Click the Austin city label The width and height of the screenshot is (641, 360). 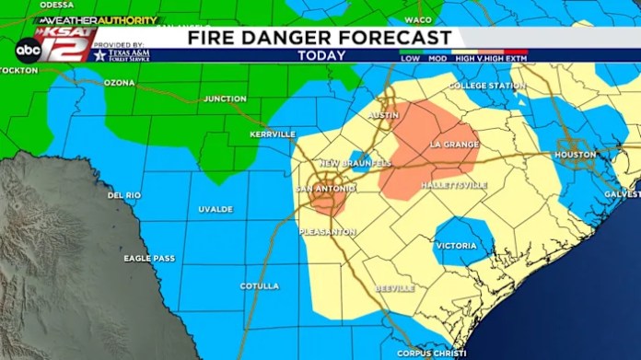pos(383,115)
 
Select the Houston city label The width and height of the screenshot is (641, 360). pos(576,155)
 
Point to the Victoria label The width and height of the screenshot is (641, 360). pos(457,246)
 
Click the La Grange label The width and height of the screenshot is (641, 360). pos(455,145)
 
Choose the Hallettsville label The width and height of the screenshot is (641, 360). pos(453,185)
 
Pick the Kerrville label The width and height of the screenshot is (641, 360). pos(273,134)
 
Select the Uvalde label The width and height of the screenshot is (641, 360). pos(216,209)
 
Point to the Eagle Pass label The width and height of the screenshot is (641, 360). pos(148,259)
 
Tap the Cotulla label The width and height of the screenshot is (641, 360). pos(259,286)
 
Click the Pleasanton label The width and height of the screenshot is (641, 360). pos(327,232)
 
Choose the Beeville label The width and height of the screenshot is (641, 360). pos(395,288)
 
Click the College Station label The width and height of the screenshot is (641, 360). pos(487,86)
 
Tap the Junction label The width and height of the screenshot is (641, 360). pos(225,99)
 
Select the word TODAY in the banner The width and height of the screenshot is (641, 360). pos(321,56)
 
